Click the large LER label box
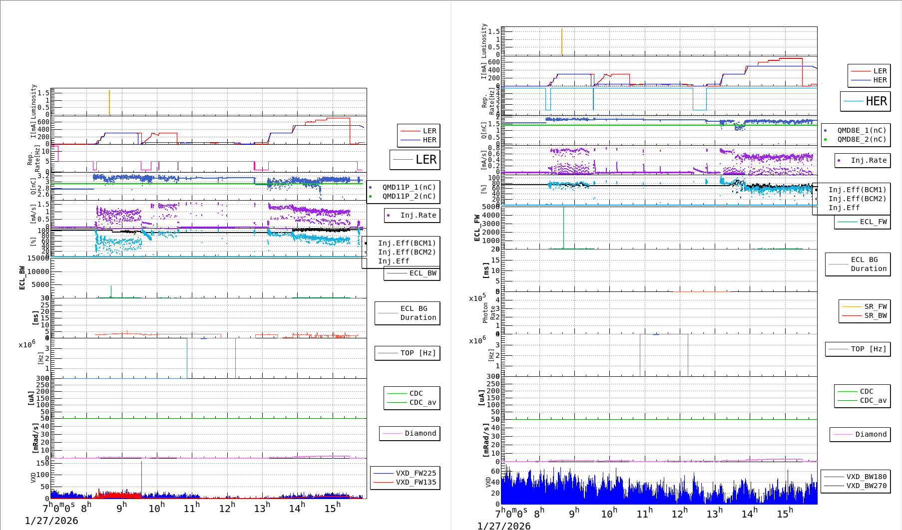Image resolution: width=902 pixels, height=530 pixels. point(415,160)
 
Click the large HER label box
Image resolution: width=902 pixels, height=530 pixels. point(866,101)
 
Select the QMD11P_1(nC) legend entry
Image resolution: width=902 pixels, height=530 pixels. point(409,187)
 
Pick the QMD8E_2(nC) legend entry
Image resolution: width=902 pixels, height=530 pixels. point(861,139)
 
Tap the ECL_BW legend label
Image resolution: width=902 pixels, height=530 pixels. point(422,273)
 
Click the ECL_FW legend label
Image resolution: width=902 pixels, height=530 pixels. point(873,222)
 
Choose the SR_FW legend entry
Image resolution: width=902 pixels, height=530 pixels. point(875,306)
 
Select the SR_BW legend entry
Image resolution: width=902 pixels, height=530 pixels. point(875,315)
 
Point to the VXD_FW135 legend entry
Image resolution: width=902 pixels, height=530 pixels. point(415,482)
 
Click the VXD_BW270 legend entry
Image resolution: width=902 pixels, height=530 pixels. point(866,486)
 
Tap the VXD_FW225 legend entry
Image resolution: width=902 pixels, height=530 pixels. point(415,473)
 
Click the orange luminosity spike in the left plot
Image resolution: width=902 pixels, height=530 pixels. point(109,102)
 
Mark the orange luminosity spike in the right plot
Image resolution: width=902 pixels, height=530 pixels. point(562,41)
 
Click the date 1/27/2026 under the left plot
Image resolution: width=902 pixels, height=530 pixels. point(51,521)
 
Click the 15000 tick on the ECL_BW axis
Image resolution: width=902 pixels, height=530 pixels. point(38,258)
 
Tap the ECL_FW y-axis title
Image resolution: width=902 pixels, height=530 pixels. point(477,228)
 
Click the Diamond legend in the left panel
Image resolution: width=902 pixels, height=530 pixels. point(420,433)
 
